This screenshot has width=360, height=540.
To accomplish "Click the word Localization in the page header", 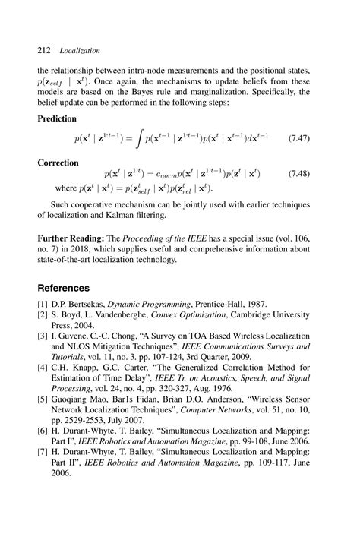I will click(80, 51).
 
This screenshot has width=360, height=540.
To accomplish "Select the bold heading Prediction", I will click(59, 119).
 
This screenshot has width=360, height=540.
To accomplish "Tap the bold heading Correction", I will click(58, 163).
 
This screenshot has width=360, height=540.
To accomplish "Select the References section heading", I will click(65, 289).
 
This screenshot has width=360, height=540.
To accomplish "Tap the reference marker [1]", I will click(43, 305).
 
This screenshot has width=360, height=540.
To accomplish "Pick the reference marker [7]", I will click(43, 450).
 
